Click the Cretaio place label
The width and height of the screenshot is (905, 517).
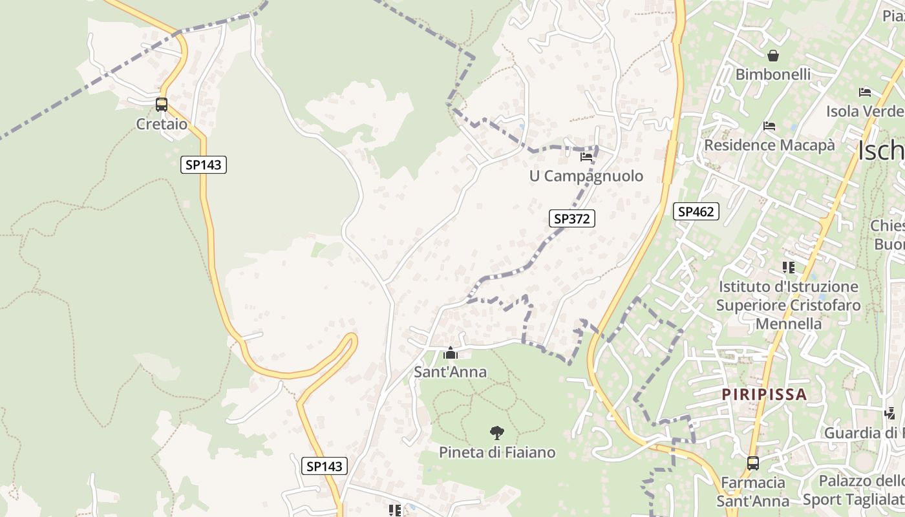(x=161, y=124)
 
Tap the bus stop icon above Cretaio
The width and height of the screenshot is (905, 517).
(x=161, y=104)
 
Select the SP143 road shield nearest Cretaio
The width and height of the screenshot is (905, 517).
(x=203, y=165)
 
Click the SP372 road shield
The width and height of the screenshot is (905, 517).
(x=572, y=218)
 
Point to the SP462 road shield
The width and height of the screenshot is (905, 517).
(x=696, y=211)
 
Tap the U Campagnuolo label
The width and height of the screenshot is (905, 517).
(x=586, y=176)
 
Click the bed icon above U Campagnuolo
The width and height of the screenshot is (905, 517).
(x=586, y=156)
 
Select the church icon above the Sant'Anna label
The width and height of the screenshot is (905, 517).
(x=451, y=353)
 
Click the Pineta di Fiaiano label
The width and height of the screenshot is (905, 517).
(x=496, y=452)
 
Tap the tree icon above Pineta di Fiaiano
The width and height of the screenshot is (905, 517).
(x=496, y=432)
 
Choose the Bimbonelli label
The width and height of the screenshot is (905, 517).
(x=772, y=74)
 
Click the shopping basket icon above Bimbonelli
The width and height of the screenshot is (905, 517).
(x=772, y=56)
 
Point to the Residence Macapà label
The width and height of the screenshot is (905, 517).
(x=769, y=145)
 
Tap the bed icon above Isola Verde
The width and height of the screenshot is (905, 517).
(x=865, y=92)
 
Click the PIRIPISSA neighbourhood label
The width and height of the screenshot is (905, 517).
(x=764, y=394)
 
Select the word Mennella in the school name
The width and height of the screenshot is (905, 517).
(x=788, y=323)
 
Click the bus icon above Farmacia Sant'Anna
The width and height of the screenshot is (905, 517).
(x=753, y=463)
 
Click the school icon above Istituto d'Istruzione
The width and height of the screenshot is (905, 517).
(x=788, y=267)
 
